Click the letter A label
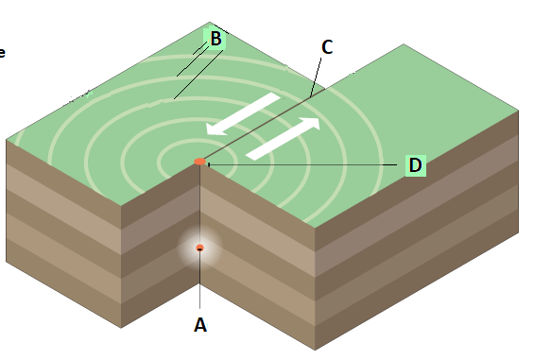pyautogui.click(x=200, y=325)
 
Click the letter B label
pyautogui.click(x=215, y=39)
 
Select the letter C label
pyautogui.click(x=327, y=47)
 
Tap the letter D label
pyautogui.click(x=415, y=165)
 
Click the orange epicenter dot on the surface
pyautogui.click(x=200, y=162)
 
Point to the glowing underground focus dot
pyautogui.click(x=200, y=248)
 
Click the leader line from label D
pyautogui.click(x=302, y=164)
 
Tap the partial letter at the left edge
pyautogui.click(x=2, y=53)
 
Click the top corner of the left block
pyautogui.click(x=210, y=22)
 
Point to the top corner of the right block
pyautogui.click(x=404, y=43)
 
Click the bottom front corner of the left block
pyautogui.click(x=121, y=328)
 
